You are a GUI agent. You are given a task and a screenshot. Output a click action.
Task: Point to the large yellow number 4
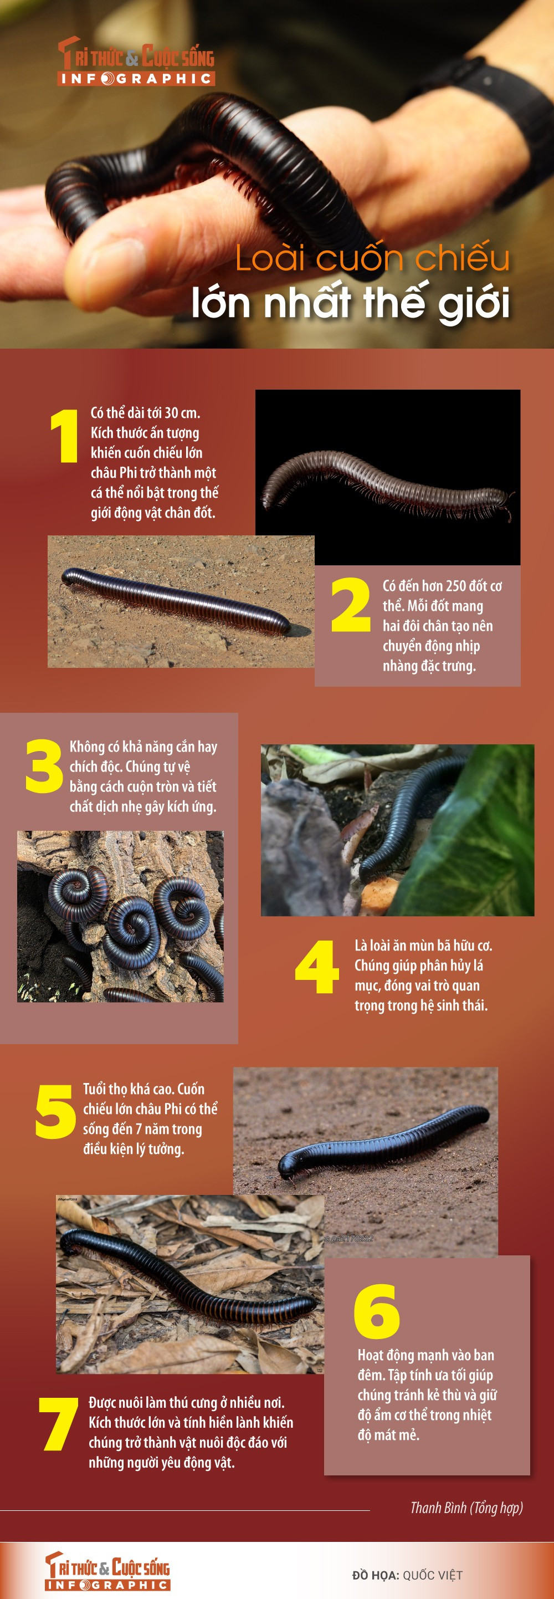click(316, 967)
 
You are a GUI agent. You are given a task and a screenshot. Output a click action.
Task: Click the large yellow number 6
click(376, 1311)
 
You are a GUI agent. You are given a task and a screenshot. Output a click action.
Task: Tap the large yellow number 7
click(58, 1424)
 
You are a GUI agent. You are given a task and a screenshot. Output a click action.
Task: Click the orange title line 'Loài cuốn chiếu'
click(372, 258)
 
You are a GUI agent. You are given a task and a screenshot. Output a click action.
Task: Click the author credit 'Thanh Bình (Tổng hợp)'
click(466, 1508)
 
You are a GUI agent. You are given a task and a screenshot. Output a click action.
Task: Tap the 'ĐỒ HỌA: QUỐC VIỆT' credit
click(407, 1575)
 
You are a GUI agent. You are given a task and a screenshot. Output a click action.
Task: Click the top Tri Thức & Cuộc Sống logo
click(136, 61)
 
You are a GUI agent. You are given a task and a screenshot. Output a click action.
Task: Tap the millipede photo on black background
click(388, 477)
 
